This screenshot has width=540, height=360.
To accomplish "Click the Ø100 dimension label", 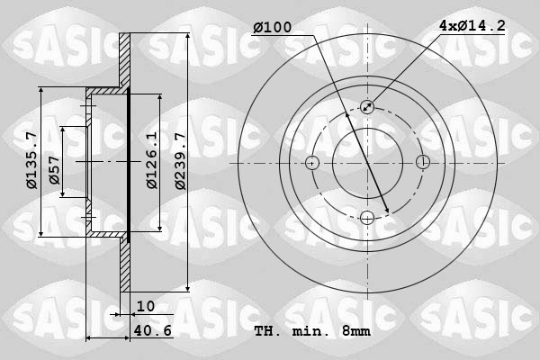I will pos(272,29).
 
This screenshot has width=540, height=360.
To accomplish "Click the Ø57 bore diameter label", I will pos(55,177).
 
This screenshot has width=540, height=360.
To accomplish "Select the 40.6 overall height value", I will pos(153,331).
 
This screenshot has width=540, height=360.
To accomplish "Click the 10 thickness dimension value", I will pos(145,307).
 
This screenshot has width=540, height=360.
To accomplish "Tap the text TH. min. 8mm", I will pos(312,331).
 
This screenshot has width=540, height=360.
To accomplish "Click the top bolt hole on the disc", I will pos(367,107).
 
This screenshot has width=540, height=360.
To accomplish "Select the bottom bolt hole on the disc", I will pos(367,217).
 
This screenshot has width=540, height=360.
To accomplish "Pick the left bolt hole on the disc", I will pos(312,163).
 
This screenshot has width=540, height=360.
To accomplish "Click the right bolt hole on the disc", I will pos(422,163).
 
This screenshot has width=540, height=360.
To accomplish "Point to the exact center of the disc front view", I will pos(367,163).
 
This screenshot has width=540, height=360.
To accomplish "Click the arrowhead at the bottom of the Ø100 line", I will pos(387,212).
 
